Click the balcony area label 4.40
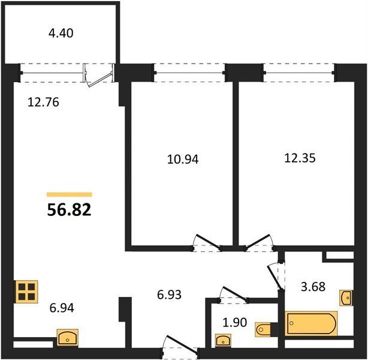pos(61,33)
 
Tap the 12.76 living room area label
pos(43,103)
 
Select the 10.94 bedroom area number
pos(183,159)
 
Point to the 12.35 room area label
pos(300,158)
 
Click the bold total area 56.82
pos(70,210)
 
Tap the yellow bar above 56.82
pos(70,194)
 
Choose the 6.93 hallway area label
pos(169,295)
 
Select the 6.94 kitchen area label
pos(62,308)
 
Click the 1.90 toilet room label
pos(235,322)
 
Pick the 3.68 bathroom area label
pos(313,286)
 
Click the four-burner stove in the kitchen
pos(26,292)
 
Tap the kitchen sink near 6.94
pos(68,337)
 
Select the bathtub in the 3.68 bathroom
pos(311,323)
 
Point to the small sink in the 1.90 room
pos(223,340)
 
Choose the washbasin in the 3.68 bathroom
pos(346,298)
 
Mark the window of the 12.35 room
pos(300,73)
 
